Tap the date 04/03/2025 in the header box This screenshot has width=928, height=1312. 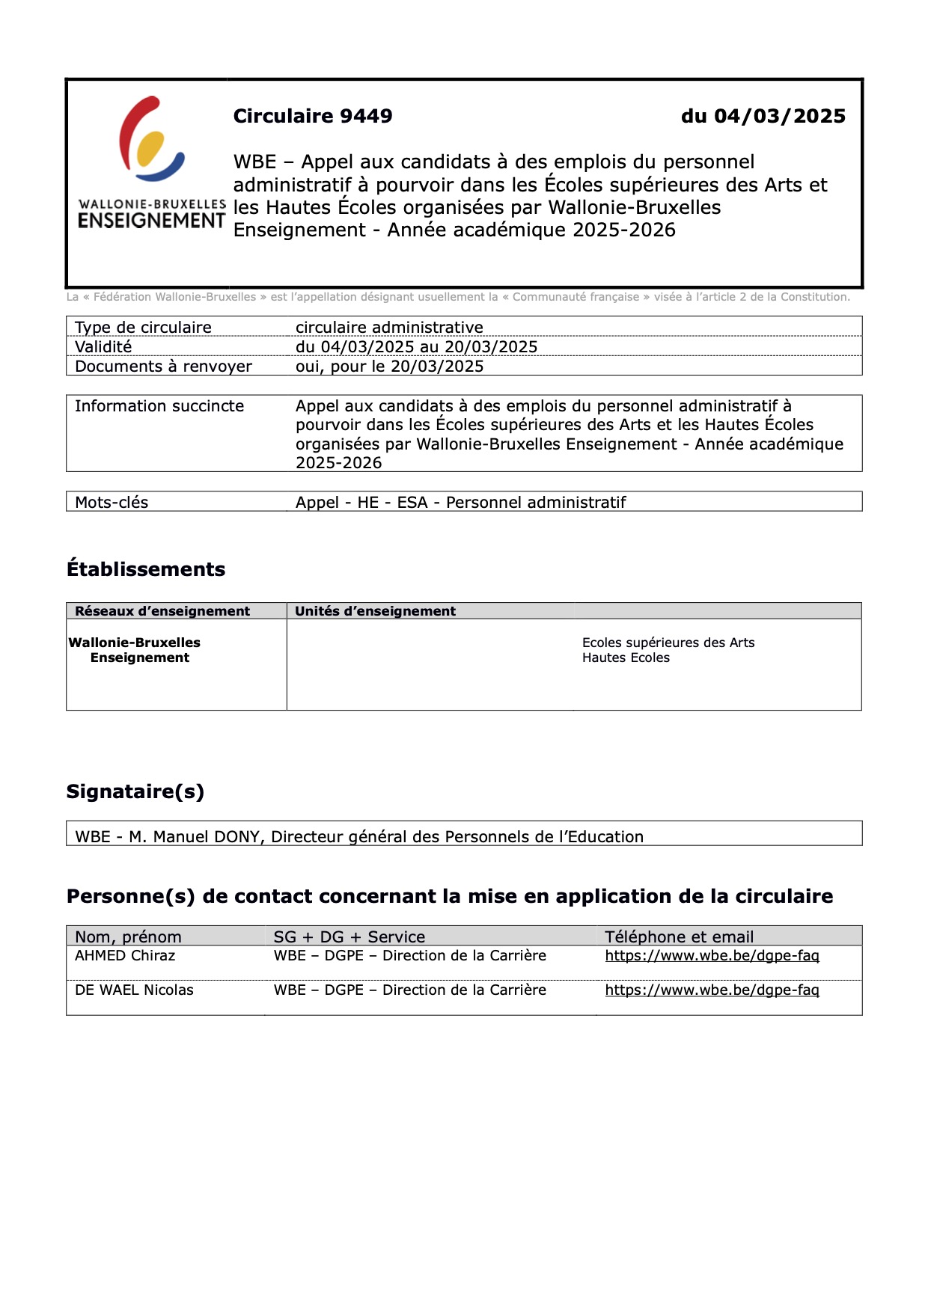click(779, 116)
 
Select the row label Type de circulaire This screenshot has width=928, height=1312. click(143, 327)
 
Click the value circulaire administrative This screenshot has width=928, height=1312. click(389, 327)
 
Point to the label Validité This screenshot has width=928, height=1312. click(103, 346)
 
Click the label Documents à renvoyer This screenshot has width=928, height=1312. click(163, 366)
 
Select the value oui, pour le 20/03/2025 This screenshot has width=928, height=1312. click(389, 366)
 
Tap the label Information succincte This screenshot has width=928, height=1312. click(159, 405)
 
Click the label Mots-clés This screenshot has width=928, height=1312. click(112, 502)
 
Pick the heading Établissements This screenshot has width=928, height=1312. click(146, 569)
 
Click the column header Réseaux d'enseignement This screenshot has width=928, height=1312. click(162, 611)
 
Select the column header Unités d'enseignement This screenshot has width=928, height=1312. click(375, 611)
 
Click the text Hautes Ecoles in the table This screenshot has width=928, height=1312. click(626, 657)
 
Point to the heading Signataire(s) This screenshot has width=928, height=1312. click(135, 791)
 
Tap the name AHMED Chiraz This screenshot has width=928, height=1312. click(125, 955)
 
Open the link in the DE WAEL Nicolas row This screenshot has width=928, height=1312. click(712, 990)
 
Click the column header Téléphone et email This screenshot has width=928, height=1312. click(679, 937)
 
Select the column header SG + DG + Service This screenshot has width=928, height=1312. click(349, 937)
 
